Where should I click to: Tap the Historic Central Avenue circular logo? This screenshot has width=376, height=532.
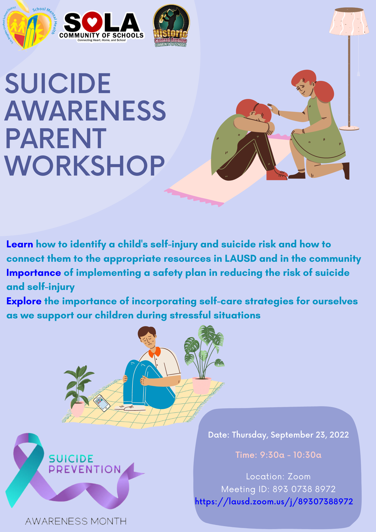[171, 26]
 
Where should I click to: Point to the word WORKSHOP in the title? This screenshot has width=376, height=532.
[85, 166]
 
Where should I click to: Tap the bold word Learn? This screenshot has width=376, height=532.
[20, 244]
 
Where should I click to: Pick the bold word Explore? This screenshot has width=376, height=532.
[24, 301]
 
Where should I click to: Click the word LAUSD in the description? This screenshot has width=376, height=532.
[240, 259]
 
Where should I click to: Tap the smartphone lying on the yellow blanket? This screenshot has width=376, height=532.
[102, 403]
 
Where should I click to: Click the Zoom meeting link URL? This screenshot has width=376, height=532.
[274, 502]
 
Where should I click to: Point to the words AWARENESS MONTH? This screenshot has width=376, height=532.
[76, 521]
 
